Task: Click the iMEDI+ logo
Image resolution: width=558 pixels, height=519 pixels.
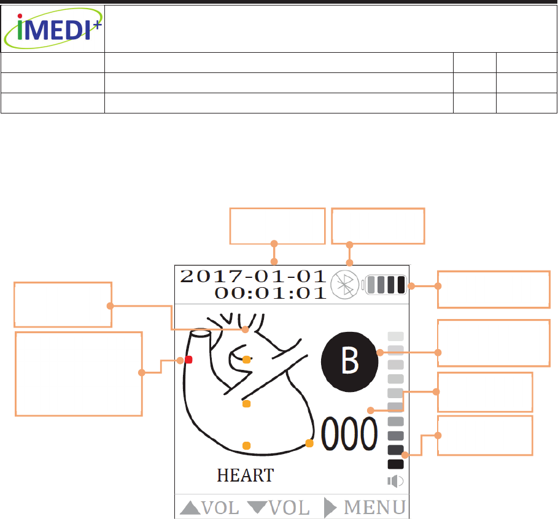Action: point(52,28)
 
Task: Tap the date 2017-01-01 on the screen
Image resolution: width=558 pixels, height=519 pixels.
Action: point(252,276)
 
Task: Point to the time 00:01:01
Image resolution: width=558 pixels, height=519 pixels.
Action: point(270,292)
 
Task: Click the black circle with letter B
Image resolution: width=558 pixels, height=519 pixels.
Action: point(349,361)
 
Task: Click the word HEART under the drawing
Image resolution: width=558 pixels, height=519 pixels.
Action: point(245,475)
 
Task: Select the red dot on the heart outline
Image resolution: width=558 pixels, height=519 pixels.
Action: point(189,359)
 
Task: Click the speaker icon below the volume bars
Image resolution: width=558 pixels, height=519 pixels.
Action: point(395,481)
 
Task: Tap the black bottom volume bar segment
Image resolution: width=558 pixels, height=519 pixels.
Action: point(396,464)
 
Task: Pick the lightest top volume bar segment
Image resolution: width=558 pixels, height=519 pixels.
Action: point(396,336)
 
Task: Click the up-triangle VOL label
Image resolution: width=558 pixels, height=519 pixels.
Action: point(209,508)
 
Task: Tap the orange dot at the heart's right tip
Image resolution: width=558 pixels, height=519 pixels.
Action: point(309,443)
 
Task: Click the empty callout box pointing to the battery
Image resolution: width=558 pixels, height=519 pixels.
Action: point(493,289)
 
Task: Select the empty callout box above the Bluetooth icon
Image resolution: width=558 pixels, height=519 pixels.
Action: point(378,226)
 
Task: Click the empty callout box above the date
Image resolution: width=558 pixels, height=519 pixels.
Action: point(276,226)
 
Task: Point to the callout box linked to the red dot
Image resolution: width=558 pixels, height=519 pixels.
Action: point(79,374)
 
